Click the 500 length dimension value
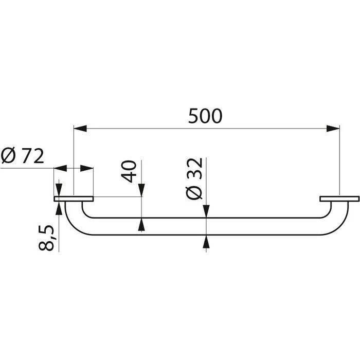point(205,116)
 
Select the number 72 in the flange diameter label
point(31,155)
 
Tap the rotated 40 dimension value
point(130,171)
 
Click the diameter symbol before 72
point(9,155)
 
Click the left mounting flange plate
point(74,199)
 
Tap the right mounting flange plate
point(338,199)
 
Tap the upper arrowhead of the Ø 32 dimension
point(207,211)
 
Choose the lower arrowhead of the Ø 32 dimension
point(207,241)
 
